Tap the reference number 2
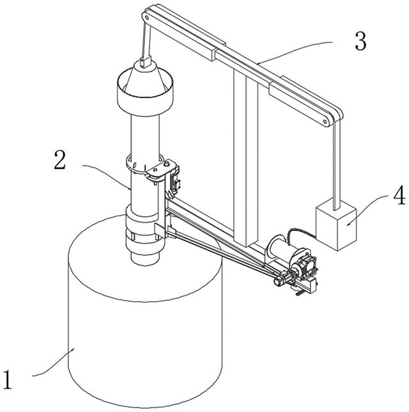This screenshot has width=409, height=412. (59, 159)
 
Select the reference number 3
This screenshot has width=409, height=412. (360, 41)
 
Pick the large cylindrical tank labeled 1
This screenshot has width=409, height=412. (145, 313)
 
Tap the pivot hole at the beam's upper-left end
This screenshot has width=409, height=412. (146, 18)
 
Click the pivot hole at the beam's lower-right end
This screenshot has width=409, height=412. (325, 122)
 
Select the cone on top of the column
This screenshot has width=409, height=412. (145, 78)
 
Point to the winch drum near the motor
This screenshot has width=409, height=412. (278, 249)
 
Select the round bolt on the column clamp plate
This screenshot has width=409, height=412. (166, 164)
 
